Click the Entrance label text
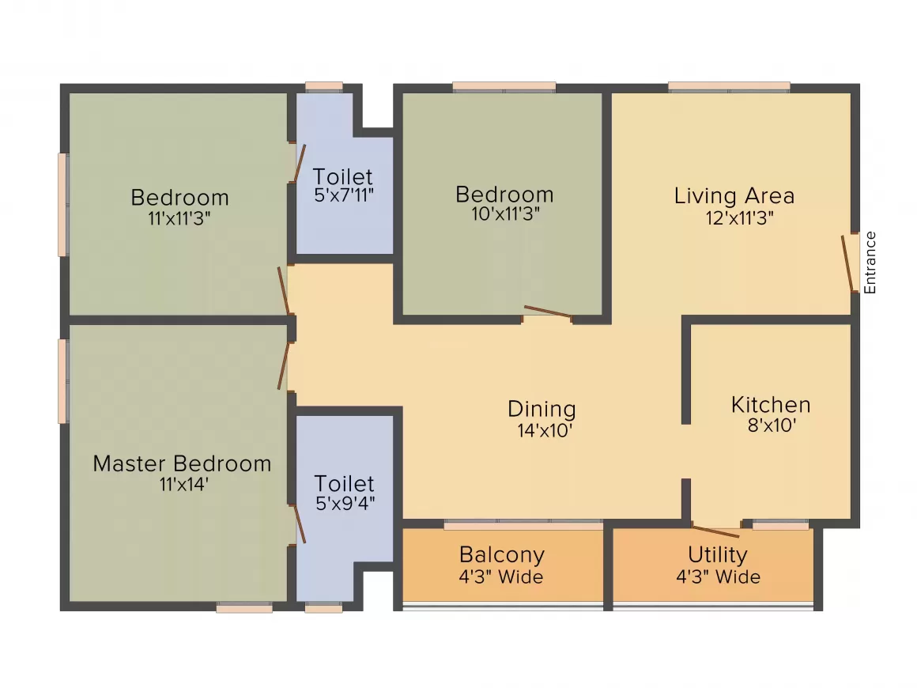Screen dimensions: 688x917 coord(870,263)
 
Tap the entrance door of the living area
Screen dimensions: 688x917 coord(850,263)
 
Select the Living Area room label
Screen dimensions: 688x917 coord(734,195)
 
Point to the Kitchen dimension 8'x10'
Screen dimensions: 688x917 coord(771,425)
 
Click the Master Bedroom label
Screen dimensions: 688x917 coord(182,463)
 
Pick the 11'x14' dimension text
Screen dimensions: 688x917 coord(183,484)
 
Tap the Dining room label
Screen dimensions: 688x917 coord(542,409)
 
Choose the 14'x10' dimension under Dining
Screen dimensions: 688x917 coord(542,430)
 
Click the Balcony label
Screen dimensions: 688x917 coord(502,554)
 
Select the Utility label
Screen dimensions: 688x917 coord(717,554)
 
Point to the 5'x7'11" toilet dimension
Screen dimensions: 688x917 coord(343,195)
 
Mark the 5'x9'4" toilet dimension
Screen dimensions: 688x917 coord(344,503)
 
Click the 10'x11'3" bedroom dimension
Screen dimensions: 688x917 coord(504,214)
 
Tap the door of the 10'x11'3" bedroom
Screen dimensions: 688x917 coord(547,312)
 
